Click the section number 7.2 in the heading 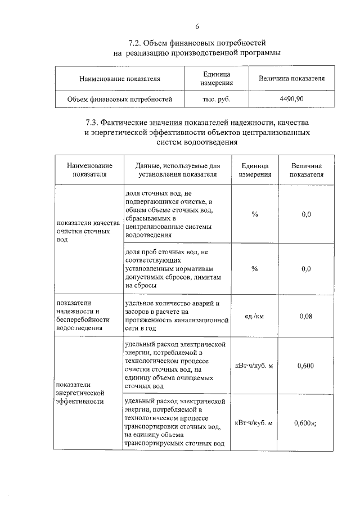pos(136,43)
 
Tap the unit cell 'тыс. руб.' pos(217,98)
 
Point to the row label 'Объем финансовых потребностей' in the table pos(119,98)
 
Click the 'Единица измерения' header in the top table pos(217,79)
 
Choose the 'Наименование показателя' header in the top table pos(119,79)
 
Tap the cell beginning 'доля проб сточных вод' pos(175,269)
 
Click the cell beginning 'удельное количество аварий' pos(175,315)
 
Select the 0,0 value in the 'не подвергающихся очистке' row pos(306,214)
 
